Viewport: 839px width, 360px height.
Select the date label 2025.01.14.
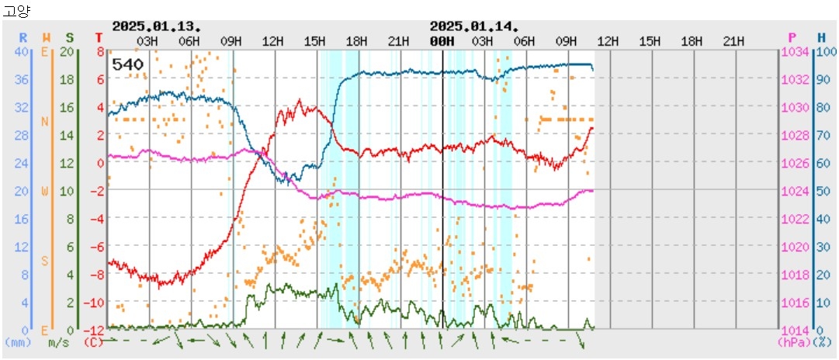tap(474, 26)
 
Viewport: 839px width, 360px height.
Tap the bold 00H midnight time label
tap(442, 40)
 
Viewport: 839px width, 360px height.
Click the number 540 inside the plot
tap(127, 64)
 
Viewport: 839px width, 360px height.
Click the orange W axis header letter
tap(47, 37)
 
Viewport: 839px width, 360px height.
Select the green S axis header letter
tap(70, 37)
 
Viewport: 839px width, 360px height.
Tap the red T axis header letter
tap(99, 37)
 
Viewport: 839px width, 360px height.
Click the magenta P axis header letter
tap(792, 37)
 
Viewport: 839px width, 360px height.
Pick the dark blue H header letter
tap(821, 37)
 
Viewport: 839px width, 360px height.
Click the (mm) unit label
tap(18, 341)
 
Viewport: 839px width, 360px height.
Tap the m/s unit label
tap(58, 341)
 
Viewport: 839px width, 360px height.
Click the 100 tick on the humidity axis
tap(826, 51)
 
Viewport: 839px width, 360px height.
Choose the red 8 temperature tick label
tap(100, 51)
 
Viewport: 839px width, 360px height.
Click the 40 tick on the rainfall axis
tap(22, 51)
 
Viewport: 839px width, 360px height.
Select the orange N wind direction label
tap(44, 121)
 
